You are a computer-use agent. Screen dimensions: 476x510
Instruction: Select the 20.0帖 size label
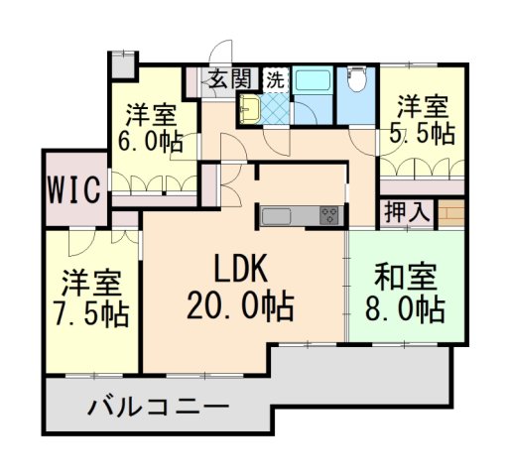239,306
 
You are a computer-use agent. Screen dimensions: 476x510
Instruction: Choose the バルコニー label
158,407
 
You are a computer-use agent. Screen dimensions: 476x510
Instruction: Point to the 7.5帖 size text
88,314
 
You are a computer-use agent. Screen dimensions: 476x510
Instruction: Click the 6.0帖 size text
149,141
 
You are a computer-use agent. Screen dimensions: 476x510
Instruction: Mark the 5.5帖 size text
423,132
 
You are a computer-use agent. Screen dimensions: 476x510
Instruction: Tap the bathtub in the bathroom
315,84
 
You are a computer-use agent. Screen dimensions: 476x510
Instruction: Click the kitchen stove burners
328,215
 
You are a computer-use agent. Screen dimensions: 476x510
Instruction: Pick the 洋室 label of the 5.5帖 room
423,103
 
